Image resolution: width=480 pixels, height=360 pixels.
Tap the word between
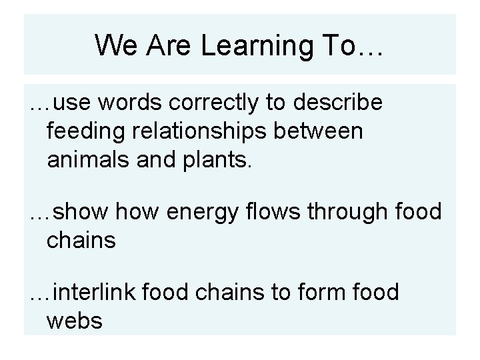click(x=330, y=131)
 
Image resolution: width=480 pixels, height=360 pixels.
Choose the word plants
click(x=217, y=160)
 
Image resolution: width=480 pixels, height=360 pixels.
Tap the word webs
click(x=75, y=321)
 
